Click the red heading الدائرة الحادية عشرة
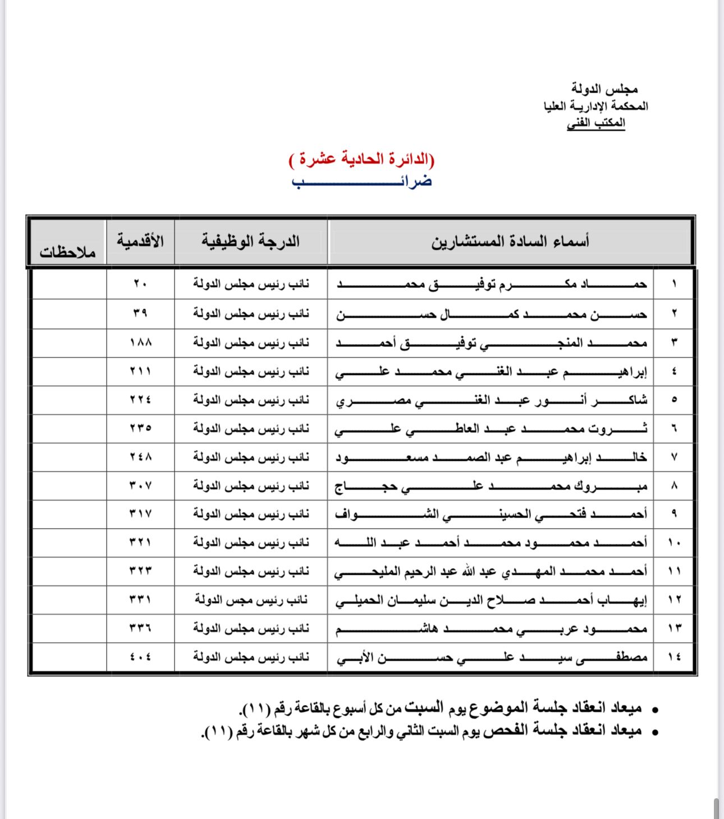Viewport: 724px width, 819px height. coord(362,159)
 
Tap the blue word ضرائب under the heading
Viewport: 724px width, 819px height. coord(362,181)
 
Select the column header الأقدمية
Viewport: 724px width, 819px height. coord(140,241)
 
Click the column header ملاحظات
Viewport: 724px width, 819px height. coord(67,252)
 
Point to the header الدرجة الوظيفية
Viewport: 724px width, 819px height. coord(251,241)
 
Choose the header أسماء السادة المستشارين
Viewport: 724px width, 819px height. coord(510,242)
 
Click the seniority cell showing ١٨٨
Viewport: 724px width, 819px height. coord(140,342)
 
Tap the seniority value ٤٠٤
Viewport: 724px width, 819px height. coord(140,656)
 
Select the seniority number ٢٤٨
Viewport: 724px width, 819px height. coord(140,457)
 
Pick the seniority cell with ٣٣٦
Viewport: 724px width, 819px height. coord(140,628)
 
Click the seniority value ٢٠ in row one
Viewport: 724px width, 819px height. coord(140,284)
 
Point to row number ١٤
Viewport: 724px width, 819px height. coord(674,656)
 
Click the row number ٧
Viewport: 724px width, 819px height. coord(674,457)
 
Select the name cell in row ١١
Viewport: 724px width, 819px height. coord(491,571)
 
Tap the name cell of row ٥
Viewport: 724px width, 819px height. coord(491,400)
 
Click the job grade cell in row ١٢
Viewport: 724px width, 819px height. coord(251,600)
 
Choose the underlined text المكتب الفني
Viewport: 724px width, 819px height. coord(596,122)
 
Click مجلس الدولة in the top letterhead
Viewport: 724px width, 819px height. coord(604,89)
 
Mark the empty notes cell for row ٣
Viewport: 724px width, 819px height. coord(69,342)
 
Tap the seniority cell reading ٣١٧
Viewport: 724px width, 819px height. coord(140,514)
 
